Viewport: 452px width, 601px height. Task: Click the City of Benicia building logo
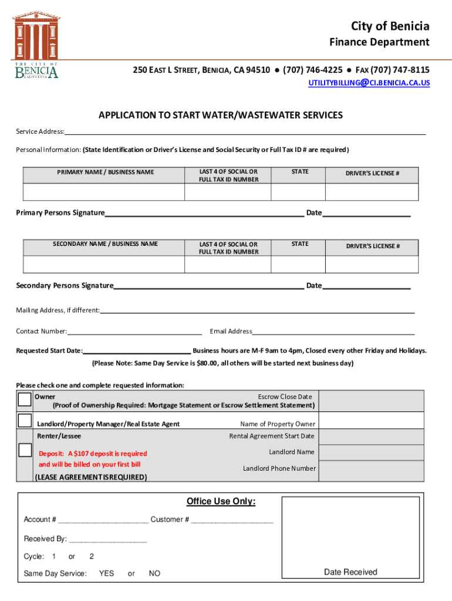pyautogui.click(x=36, y=45)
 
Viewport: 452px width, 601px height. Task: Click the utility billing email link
pyautogui.click(x=369, y=83)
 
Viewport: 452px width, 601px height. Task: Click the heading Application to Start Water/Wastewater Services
pyautogui.click(x=220, y=115)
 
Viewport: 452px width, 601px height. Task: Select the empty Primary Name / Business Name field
pyautogui.click(x=104, y=192)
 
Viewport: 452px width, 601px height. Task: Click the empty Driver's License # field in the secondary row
pyautogui.click(x=372, y=264)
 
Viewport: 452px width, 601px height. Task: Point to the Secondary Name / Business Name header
pyautogui.click(x=105, y=244)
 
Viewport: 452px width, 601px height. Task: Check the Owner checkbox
pyautogui.click(x=25, y=400)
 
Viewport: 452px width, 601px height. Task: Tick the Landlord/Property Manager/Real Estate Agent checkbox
pyautogui.click(x=25, y=420)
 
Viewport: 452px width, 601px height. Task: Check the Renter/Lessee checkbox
pyautogui.click(x=25, y=450)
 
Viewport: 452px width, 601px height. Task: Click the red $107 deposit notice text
pyautogui.click(x=93, y=458)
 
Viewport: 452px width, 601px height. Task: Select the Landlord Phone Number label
pyautogui.click(x=279, y=468)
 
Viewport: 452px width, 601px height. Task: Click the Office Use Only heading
pyautogui.click(x=221, y=501)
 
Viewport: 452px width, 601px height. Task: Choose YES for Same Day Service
pyautogui.click(x=106, y=573)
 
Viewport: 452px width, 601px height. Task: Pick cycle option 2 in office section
pyautogui.click(x=92, y=556)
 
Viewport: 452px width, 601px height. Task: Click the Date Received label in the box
pyautogui.click(x=350, y=572)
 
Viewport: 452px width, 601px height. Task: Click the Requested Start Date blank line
pyautogui.click(x=137, y=351)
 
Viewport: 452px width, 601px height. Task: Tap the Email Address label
pyautogui.click(x=231, y=332)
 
